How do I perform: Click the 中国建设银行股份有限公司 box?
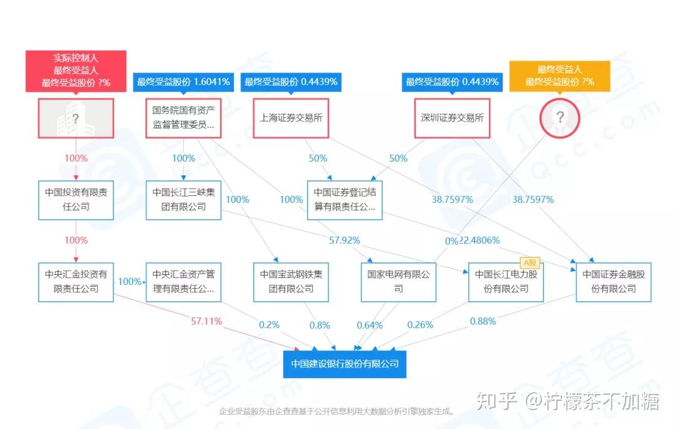click(x=345, y=364)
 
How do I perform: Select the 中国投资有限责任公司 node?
click(x=76, y=200)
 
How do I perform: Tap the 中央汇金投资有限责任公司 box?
click(x=76, y=282)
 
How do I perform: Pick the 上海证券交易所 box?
click(x=291, y=118)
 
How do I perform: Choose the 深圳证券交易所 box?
click(x=452, y=118)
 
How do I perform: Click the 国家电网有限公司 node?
click(x=399, y=282)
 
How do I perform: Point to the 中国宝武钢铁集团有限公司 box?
click(x=291, y=282)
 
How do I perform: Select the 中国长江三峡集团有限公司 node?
click(x=184, y=200)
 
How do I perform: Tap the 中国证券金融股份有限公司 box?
click(x=614, y=282)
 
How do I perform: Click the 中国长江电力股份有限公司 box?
click(x=506, y=282)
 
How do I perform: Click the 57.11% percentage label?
click(x=206, y=321)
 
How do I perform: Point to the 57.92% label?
click(x=345, y=240)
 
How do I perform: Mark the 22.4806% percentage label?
click(x=480, y=240)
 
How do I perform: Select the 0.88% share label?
click(x=483, y=321)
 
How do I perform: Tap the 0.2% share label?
click(x=269, y=324)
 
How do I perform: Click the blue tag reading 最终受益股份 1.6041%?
click(x=184, y=82)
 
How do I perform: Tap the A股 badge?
click(x=530, y=262)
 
